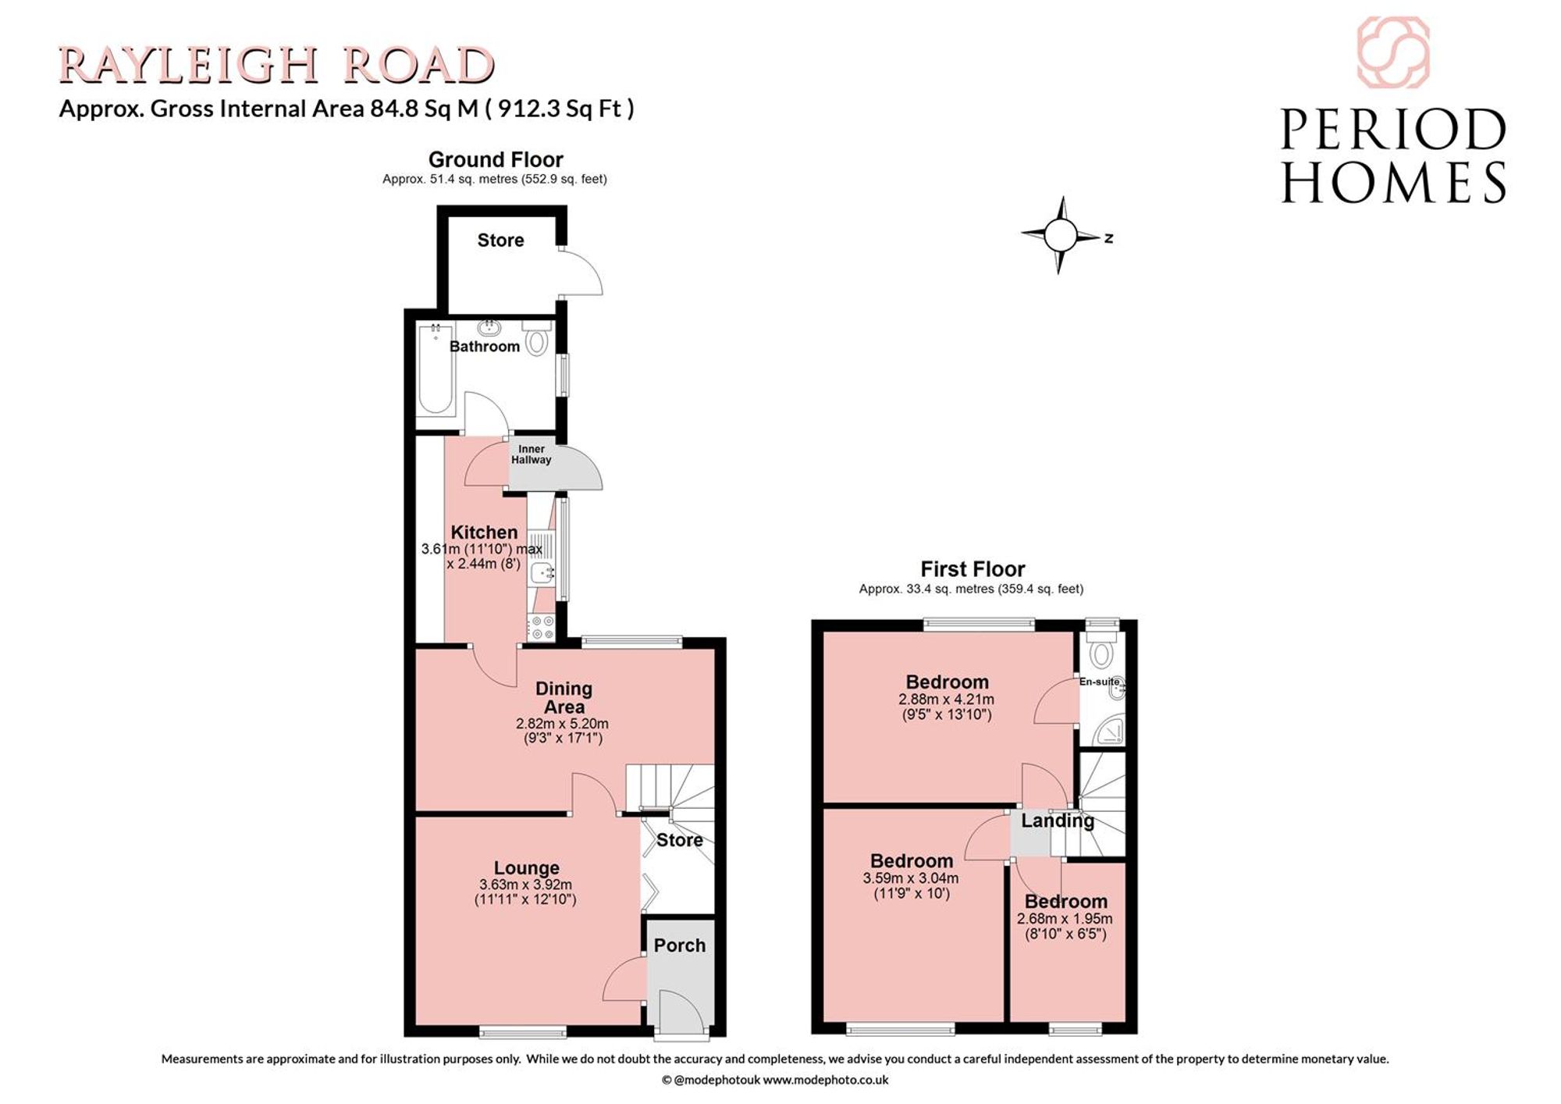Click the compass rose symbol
[x=1059, y=234]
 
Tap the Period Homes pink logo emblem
[x=1393, y=52]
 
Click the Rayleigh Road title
[x=277, y=65]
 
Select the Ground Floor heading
[x=496, y=159]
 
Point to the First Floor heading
[x=973, y=568]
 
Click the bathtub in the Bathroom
[x=436, y=369]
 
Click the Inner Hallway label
[x=532, y=454]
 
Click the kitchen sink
[x=542, y=573]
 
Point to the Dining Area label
[x=564, y=697]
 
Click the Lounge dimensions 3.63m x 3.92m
[x=525, y=885]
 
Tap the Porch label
[x=679, y=945]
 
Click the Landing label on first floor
[x=1058, y=821]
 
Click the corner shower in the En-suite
[x=1111, y=730]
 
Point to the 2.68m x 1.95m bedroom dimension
[x=1065, y=919]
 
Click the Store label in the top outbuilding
[x=500, y=240]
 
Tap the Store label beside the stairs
[x=679, y=840]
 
